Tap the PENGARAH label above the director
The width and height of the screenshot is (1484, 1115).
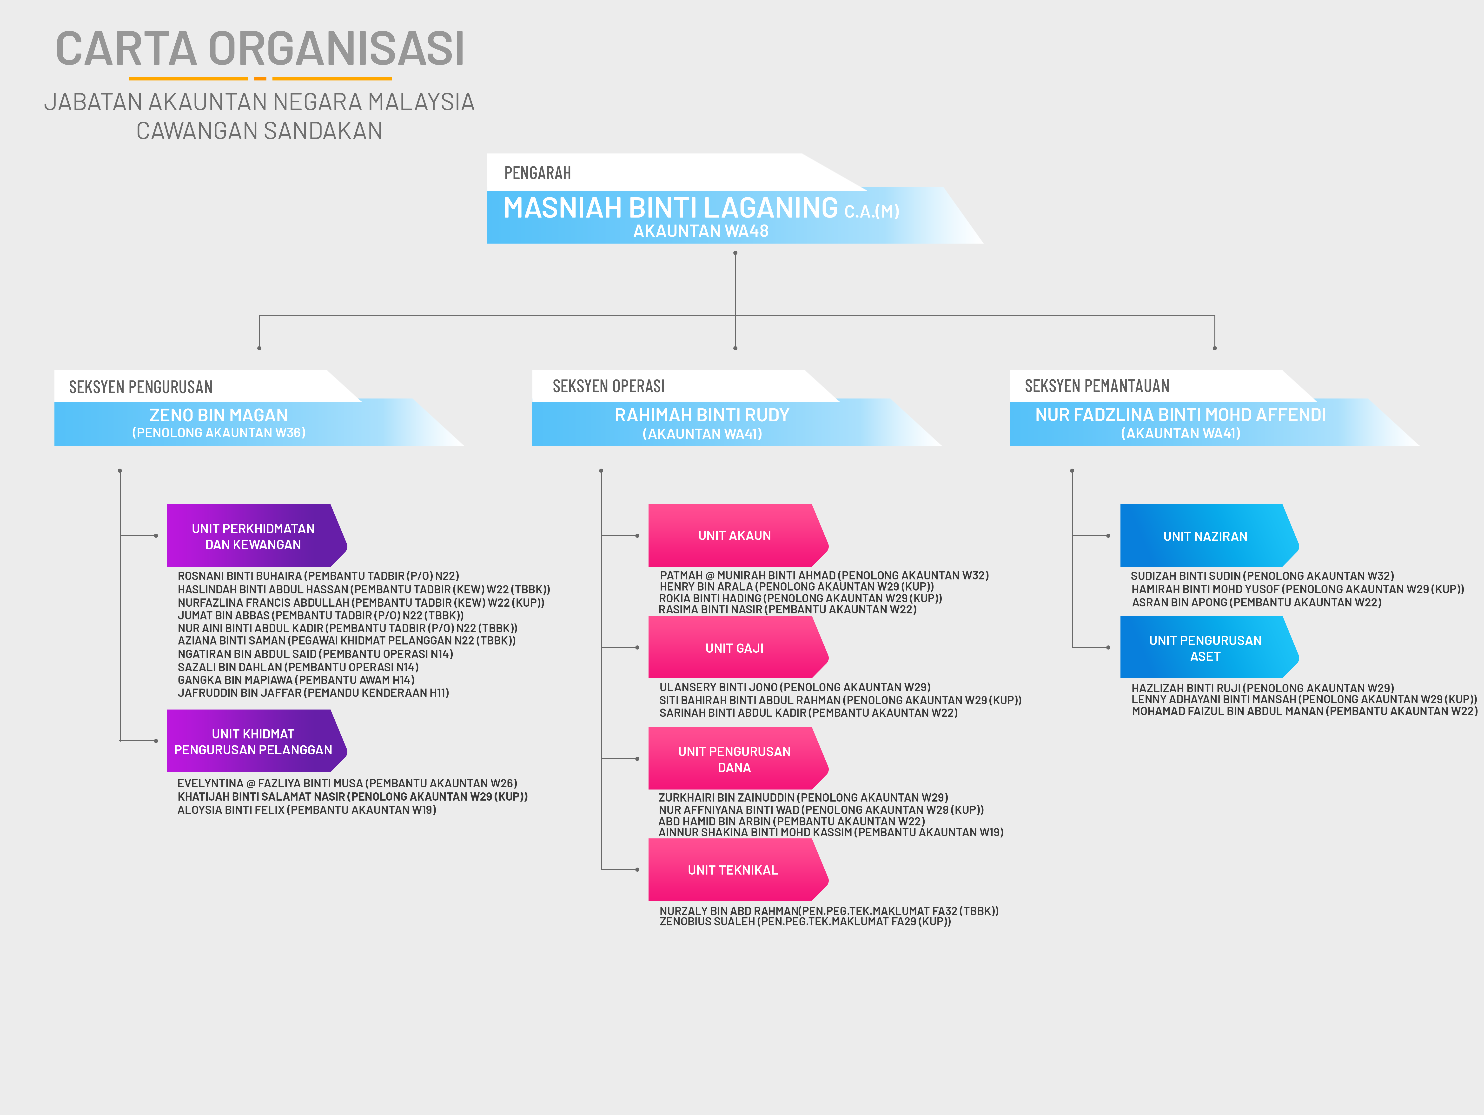click(x=537, y=173)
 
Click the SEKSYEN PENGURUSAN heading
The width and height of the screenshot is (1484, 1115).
click(x=141, y=387)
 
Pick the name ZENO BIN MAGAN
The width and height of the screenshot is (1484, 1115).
click(x=219, y=415)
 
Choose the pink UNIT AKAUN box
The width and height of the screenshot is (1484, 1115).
click(x=735, y=535)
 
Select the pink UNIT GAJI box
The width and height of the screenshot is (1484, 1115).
click(x=735, y=647)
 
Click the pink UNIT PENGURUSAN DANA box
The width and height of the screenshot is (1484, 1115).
click(x=735, y=759)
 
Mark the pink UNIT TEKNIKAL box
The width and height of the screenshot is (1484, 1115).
click(x=733, y=870)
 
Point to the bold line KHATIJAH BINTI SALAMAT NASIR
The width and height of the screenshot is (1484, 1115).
click(x=352, y=796)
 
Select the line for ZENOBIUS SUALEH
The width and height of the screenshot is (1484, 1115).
click(x=805, y=922)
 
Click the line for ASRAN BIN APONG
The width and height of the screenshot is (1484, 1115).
click(x=1257, y=603)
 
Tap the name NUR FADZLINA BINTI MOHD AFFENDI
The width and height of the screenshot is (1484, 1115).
click(x=1180, y=415)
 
